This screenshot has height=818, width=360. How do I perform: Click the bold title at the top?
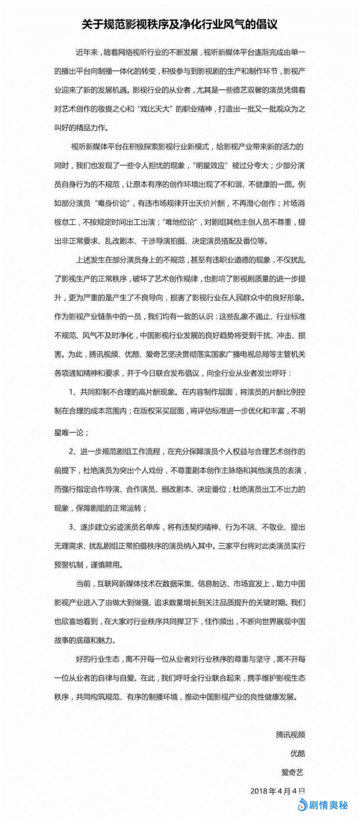180,25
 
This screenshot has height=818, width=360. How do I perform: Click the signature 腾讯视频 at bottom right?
290,734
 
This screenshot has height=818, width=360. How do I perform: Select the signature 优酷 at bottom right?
298,753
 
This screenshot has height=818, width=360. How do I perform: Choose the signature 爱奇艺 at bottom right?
294,772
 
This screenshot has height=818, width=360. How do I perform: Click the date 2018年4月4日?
278,791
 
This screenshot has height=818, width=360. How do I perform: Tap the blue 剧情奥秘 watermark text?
328,805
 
